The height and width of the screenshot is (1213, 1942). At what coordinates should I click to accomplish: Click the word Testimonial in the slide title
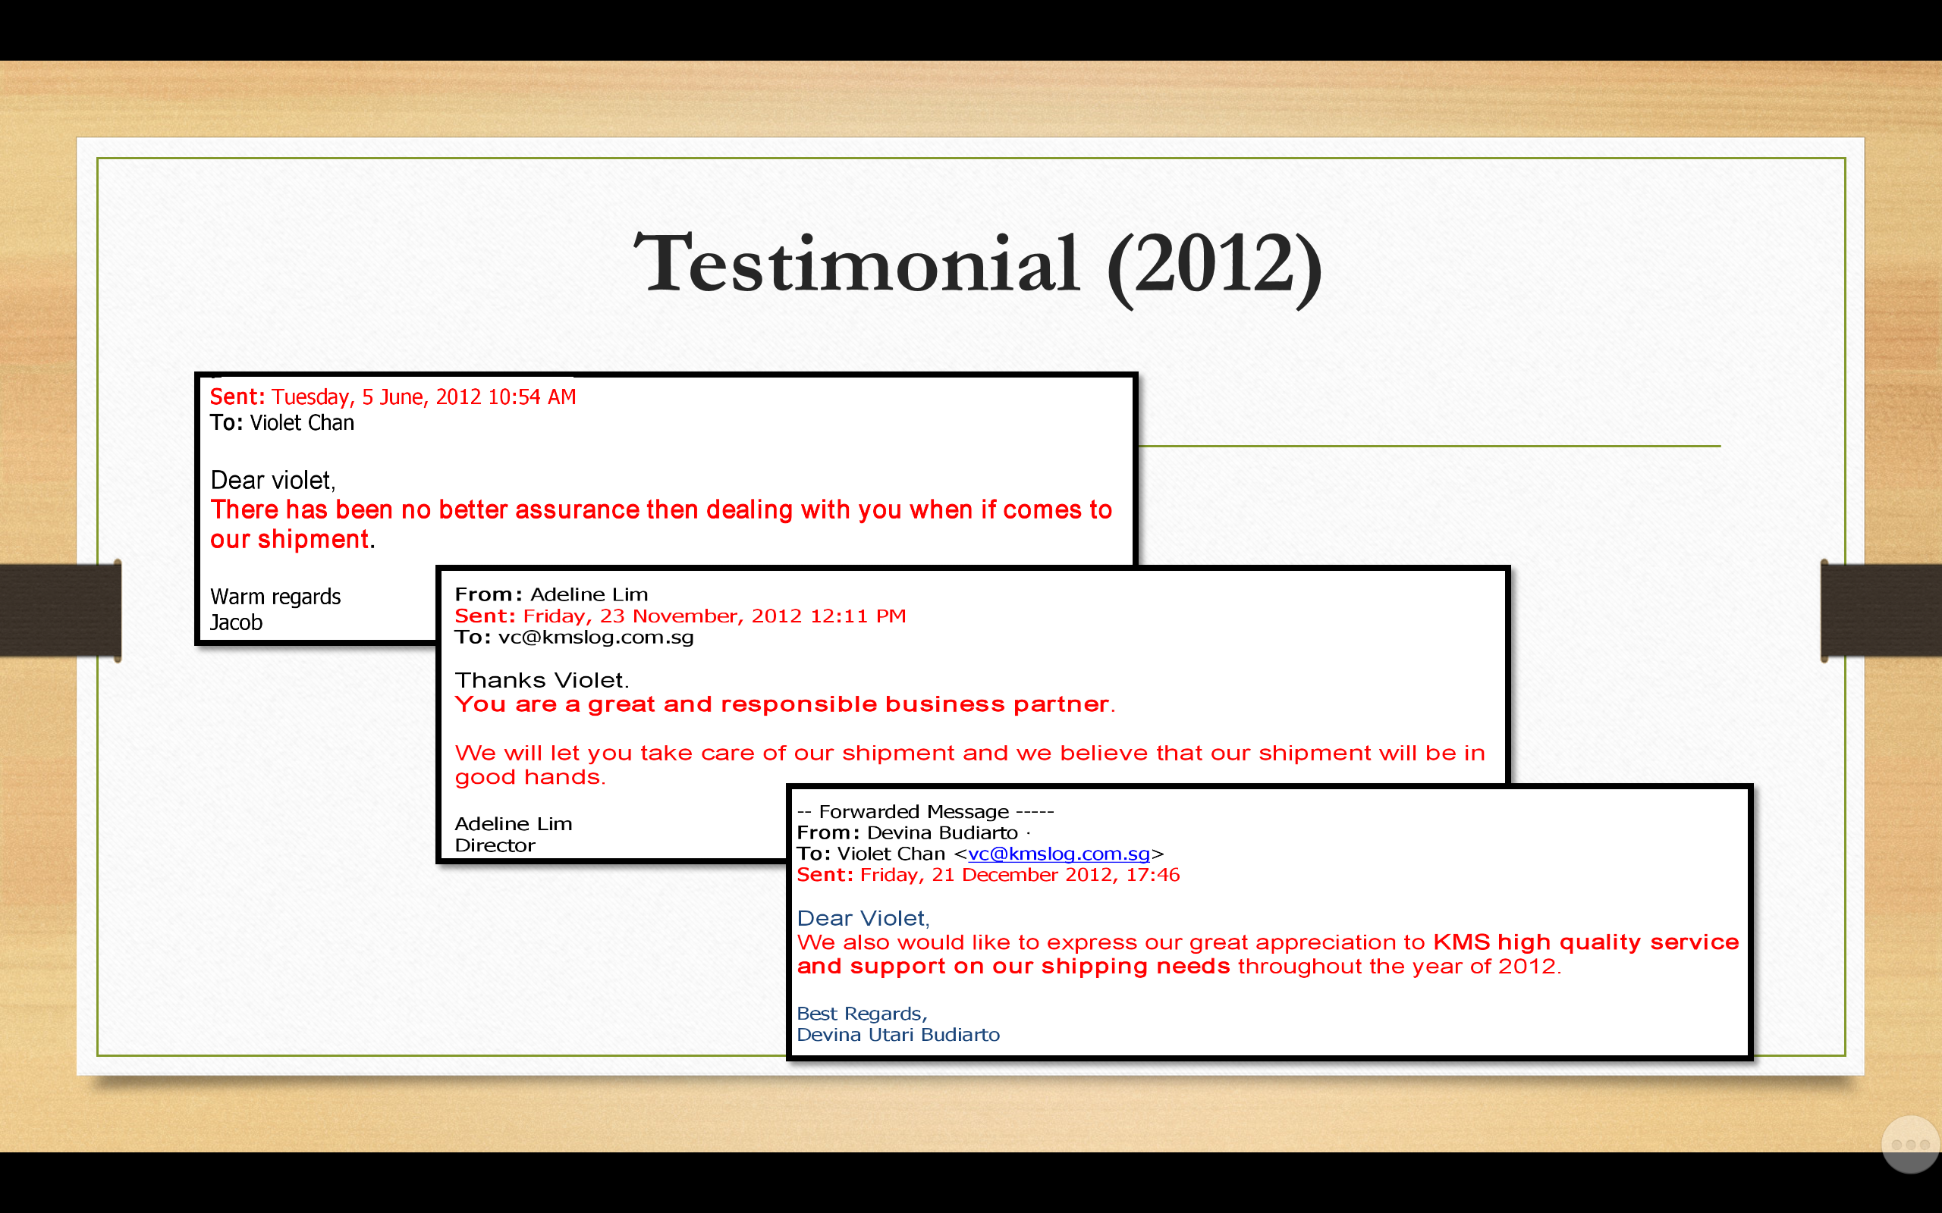pyautogui.click(x=856, y=263)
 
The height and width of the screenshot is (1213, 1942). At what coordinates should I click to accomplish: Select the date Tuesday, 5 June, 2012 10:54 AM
pyautogui.click(x=424, y=397)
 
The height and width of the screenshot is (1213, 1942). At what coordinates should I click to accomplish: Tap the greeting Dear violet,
pyautogui.click(x=273, y=481)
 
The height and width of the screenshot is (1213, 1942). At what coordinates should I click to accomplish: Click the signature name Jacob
pyautogui.click(x=236, y=622)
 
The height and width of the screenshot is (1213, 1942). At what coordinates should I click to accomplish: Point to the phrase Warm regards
pyautogui.click(x=275, y=597)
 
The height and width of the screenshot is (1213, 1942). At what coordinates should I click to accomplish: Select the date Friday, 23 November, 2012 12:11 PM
pyautogui.click(x=714, y=616)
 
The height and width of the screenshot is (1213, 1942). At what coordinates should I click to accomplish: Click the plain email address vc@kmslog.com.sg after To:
pyautogui.click(x=595, y=637)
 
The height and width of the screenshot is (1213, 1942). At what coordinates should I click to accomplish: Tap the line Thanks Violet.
pyautogui.click(x=542, y=680)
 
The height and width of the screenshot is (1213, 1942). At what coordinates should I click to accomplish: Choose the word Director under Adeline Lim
pyautogui.click(x=495, y=845)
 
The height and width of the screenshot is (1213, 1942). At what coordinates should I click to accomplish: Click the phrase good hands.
pyautogui.click(x=529, y=777)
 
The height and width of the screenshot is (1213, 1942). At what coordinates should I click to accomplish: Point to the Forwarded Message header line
pyautogui.click(x=925, y=812)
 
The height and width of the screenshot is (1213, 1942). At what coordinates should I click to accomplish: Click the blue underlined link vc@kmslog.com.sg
pyautogui.click(x=1058, y=854)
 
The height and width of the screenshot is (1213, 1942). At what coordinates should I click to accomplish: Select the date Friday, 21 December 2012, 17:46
pyautogui.click(x=1019, y=875)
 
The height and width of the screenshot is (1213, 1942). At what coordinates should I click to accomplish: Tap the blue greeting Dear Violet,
pyautogui.click(x=863, y=919)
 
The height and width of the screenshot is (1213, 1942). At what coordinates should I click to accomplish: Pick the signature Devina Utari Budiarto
pyautogui.click(x=898, y=1035)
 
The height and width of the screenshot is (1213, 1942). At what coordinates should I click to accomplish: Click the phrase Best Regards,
pyautogui.click(x=862, y=1014)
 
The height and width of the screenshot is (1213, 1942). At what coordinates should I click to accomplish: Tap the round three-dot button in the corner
pyautogui.click(x=1911, y=1144)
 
